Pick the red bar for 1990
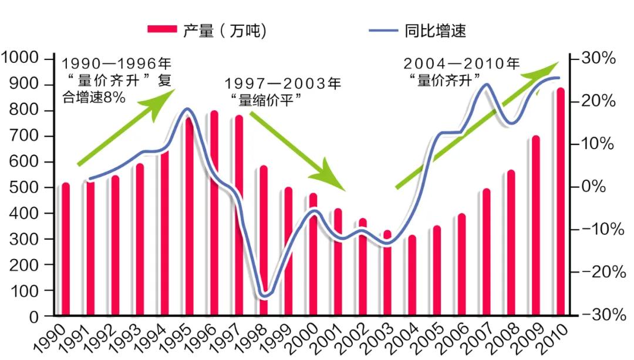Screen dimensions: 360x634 pyautogui.click(x=65, y=250)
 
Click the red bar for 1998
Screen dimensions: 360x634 pyautogui.click(x=264, y=241)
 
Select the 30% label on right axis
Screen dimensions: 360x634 pyautogui.click(x=598, y=59)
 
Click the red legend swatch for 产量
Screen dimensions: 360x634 pyautogui.click(x=160, y=30)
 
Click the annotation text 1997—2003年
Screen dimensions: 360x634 pyautogui.click(x=282, y=83)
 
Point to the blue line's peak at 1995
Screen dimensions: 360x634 pyautogui.click(x=187, y=109)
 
